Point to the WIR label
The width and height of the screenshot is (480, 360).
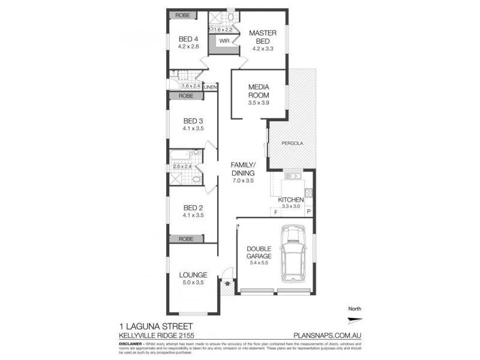tap(224, 41)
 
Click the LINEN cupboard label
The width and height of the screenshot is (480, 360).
tap(210, 88)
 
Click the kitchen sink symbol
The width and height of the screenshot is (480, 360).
tap(294, 176)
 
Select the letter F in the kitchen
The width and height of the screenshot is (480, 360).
tap(275, 212)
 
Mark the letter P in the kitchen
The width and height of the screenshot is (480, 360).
tap(308, 212)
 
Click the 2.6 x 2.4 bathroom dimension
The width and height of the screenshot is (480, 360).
tap(181, 166)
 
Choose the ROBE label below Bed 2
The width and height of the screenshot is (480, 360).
tap(185, 238)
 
